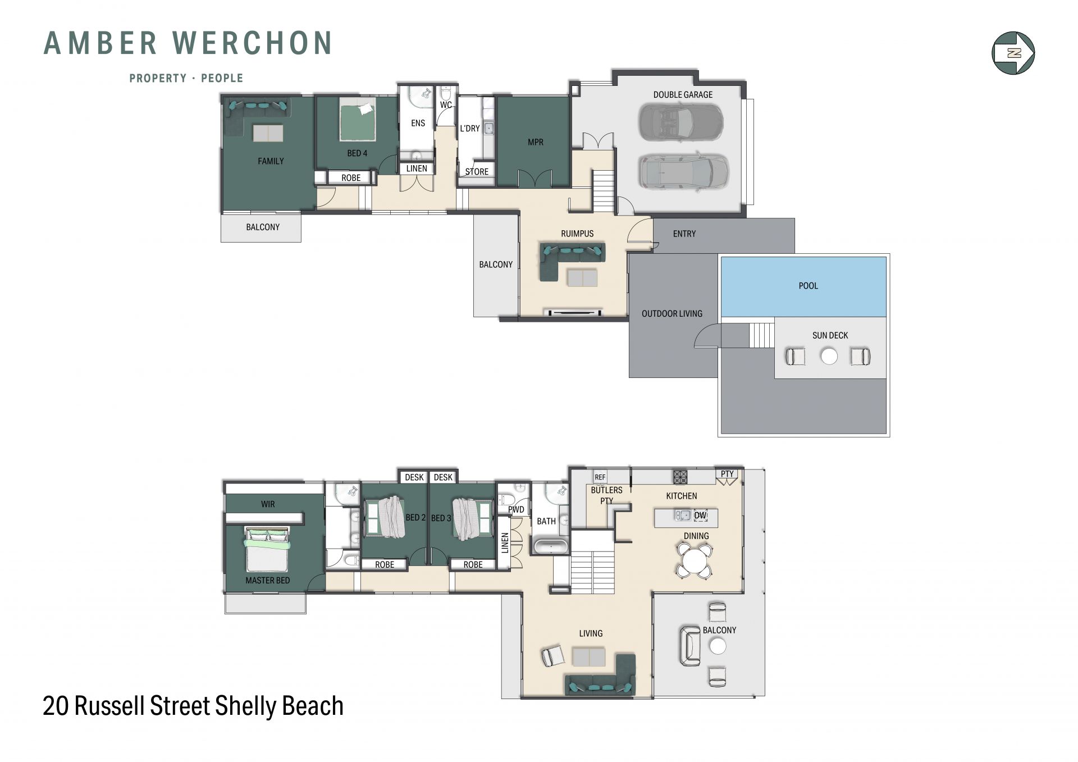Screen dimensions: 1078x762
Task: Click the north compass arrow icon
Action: pos(1013,53)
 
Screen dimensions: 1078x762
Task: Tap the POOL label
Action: pos(808,286)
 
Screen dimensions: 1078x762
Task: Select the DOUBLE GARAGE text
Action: pos(683,94)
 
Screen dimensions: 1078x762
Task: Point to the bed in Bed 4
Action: pos(358,122)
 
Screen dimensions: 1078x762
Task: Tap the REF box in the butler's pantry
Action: pos(600,477)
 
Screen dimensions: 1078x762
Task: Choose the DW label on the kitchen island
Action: pos(700,515)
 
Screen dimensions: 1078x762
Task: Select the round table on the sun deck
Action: pos(829,356)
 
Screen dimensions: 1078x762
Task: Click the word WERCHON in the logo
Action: pos(252,43)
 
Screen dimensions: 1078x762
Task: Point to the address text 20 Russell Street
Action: pos(129,706)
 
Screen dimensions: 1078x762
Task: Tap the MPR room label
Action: pos(536,142)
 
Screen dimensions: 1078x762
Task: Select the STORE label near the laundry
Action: pos(477,172)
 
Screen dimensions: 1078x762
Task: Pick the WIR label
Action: pos(268,504)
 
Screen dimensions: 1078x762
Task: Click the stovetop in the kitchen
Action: pos(680,477)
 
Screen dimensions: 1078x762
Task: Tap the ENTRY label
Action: pos(684,234)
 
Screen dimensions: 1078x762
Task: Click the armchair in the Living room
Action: pos(553,655)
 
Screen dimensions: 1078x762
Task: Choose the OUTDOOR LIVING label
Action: pos(672,314)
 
